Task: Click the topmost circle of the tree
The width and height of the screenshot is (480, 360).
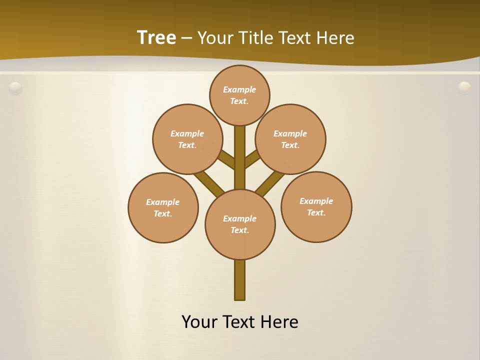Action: click(x=239, y=95)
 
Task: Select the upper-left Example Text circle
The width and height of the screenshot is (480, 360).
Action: click(x=187, y=139)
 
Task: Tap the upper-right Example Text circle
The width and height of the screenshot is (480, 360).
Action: click(x=290, y=139)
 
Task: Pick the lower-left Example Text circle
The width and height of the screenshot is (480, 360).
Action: click(x=163, y=207)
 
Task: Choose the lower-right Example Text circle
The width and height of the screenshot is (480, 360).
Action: click(x=316, y=206)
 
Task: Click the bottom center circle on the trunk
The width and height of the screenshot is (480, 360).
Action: click(x=240, y=224)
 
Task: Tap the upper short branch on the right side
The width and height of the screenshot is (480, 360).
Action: click(x=252, y=158)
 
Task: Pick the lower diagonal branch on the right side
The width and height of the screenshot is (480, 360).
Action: click(x=270, y=182)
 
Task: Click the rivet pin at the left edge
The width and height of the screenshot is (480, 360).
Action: click(x=15, y=88)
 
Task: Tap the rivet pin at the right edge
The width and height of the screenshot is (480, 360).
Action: click(x=464, y=87)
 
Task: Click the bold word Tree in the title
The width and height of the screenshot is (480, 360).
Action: click(x=156, y=37)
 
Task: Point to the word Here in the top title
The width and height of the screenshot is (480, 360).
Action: click(x=336, y=37)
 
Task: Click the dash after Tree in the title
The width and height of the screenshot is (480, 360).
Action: click(x=187, y=37)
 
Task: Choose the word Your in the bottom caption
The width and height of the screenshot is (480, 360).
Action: click(x=199, y=321)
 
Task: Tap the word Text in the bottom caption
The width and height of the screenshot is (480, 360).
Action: click(x=239, y=321)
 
